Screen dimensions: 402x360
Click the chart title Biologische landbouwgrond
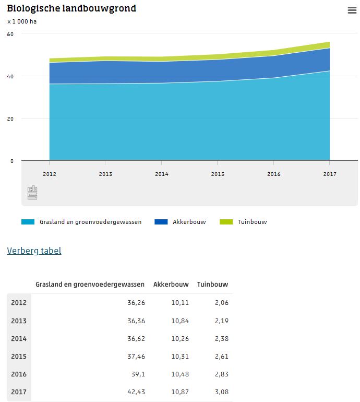point(71,9)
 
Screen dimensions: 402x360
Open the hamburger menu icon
point(352,10)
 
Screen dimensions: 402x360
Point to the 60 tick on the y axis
point(10,34)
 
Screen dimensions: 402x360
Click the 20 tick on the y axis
point(10,119)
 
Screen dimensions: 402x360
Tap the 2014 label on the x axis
point(162,174)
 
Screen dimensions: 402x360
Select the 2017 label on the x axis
point(330,174)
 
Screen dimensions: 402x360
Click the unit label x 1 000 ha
point(22,22)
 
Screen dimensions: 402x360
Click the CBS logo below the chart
point(32,192)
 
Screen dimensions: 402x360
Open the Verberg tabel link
point(34,251)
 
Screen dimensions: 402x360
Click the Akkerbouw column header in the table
point(167,285)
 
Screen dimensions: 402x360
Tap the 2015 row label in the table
point(19,357)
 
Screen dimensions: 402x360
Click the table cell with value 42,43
point(136,392)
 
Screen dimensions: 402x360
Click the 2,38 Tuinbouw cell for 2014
point(221,339)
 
